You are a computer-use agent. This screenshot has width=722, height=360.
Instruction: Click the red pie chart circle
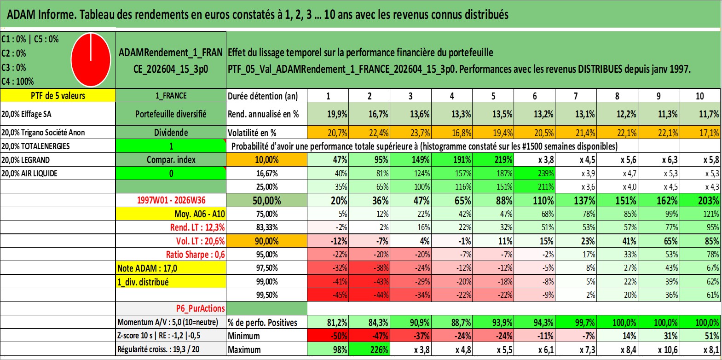tap(91, 60)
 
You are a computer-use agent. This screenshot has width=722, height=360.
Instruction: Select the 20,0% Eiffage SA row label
tap(26, 114)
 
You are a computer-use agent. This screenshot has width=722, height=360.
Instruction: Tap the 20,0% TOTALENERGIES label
tap(35, 146)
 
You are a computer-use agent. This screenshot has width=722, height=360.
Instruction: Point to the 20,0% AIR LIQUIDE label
tap(29, 174)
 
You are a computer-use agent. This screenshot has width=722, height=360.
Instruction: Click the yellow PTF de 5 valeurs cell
tap(58, 95)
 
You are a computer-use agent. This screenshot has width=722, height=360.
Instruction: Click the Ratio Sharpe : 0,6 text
tap(195, 255)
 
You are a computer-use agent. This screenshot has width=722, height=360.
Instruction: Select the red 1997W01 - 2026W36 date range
tap(171, 200)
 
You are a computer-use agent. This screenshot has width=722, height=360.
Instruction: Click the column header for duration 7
tap(576, 96)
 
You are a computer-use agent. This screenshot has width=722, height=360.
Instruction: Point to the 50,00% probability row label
tap(266, 201)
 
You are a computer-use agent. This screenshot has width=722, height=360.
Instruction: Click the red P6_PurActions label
tap(200, 308)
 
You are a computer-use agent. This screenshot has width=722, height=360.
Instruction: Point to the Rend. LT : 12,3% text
tap(197, 227)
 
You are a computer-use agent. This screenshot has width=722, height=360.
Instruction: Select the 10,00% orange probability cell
tap(266, 160)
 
